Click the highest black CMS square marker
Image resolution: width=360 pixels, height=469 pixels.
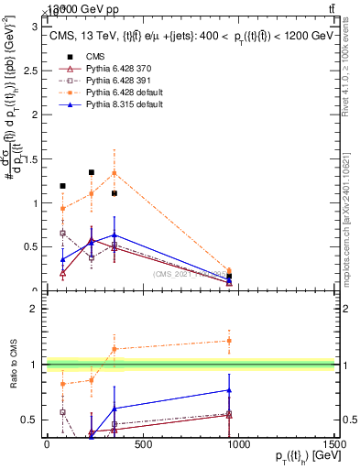tap(92, 172)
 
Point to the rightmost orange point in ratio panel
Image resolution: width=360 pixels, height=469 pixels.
tap(229, 341)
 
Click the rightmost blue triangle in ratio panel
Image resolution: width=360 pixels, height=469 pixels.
tap(229, 390)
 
